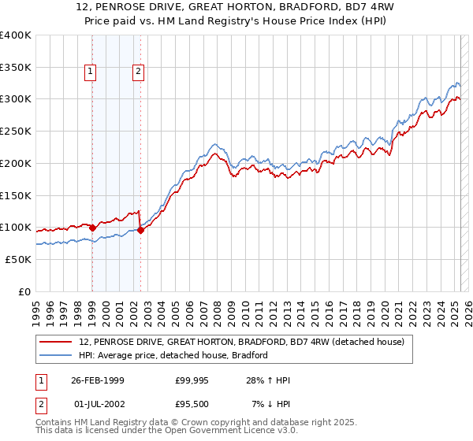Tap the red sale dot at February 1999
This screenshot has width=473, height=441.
click(92, 228)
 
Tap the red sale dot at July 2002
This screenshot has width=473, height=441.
click(140, 230)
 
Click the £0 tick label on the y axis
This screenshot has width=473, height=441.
click(24, 291)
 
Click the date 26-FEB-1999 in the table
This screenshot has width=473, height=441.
click(97, 380)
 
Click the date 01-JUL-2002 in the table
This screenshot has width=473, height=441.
click(97, 404)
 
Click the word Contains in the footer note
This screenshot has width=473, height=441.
click(54, 424)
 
